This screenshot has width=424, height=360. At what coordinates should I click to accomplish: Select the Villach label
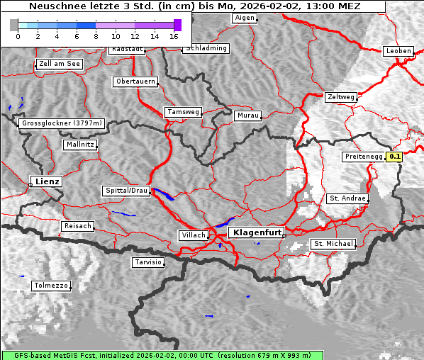pos(193,235)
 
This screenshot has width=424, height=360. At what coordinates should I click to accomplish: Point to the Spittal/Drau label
pos(127,191)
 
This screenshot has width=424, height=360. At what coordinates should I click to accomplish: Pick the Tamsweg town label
pos(184,112)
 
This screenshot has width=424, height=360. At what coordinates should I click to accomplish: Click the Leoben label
pos(398,51)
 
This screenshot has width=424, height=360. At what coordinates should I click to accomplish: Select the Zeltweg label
pos(341,96)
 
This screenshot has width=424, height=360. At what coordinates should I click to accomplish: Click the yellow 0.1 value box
pos(395,157)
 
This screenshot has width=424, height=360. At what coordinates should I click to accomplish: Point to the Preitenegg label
pos(363,157)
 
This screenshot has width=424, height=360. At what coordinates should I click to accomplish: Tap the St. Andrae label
pos(347,198)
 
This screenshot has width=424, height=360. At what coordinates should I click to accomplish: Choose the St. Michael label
pos(333,244)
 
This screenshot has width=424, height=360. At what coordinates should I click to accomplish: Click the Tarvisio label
pos(148,262)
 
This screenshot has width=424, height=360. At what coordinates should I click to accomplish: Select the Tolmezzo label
pos(51,286)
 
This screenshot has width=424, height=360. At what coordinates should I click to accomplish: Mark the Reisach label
pos(78,226)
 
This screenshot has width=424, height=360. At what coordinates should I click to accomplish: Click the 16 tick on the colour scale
pos(174,36)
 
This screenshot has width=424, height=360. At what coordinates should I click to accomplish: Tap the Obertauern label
pos(135,81)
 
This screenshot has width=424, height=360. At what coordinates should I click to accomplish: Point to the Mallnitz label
pos(79,145)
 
